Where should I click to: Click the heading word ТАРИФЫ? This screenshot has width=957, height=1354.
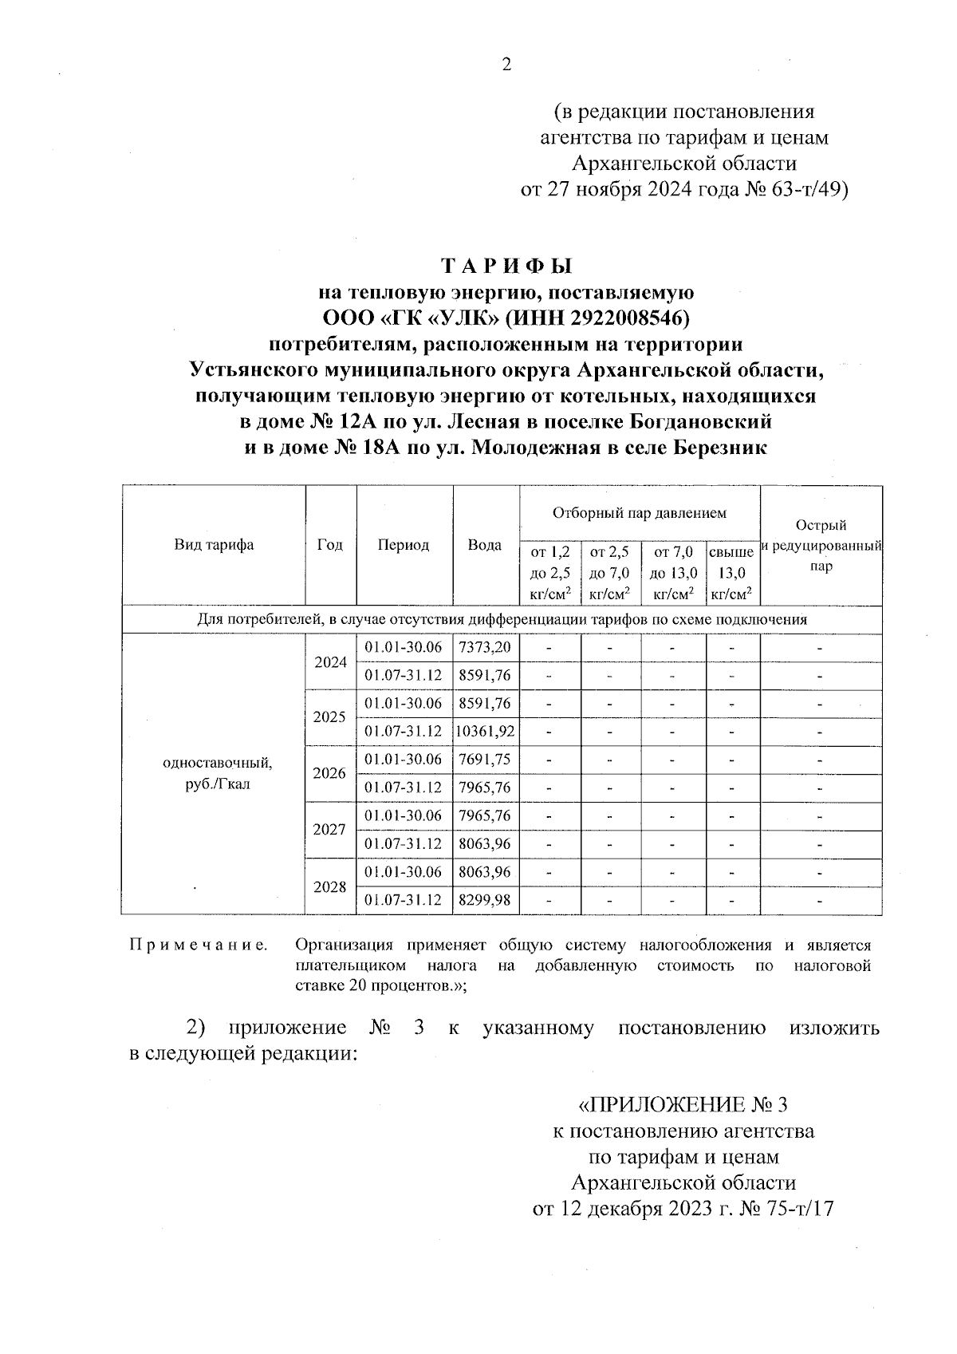click(507, 266)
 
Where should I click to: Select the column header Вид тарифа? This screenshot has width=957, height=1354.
click(214, 545)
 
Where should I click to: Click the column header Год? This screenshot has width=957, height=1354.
click(330, 545)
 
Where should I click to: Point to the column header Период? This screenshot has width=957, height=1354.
click(404, 545)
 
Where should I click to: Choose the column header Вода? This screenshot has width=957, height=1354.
click(485, 545)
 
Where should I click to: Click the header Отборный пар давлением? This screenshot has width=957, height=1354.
click(640, 513)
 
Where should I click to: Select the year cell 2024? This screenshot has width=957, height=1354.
click(330, 662)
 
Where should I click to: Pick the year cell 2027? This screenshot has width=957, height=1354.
click(330, 830)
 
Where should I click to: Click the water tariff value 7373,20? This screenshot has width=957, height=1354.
click(485, 647)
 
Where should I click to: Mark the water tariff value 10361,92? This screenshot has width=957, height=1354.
click(486, 732)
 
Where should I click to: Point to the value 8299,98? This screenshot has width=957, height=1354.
click(485, 900)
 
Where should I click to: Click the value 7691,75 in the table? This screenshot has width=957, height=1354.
click(485, 760)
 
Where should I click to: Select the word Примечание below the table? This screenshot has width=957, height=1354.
click(198, 945)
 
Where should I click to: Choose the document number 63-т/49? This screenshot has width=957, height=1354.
click(805, 190)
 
